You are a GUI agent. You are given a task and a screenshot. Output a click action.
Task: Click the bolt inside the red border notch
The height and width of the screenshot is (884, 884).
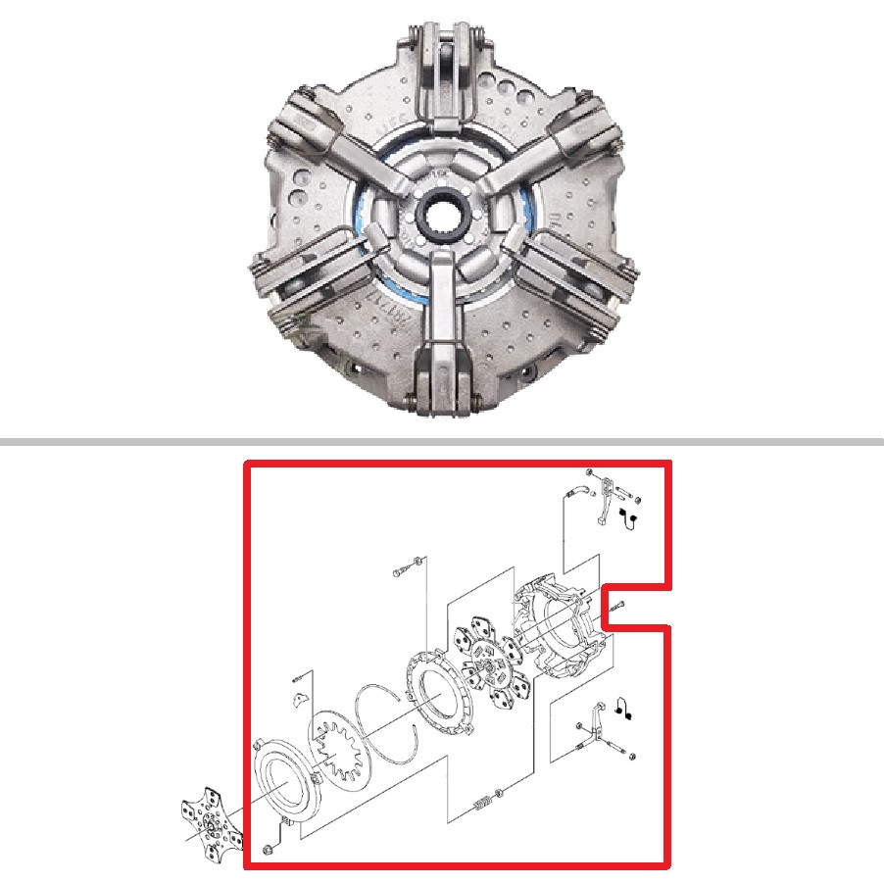click(620, 609)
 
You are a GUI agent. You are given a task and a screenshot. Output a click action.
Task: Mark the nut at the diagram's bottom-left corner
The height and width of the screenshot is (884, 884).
click(268, 849)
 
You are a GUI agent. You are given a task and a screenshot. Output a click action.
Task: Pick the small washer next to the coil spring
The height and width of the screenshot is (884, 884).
click(500, 792)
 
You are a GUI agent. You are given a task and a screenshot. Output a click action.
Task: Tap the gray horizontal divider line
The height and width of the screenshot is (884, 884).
click(442, 443)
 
